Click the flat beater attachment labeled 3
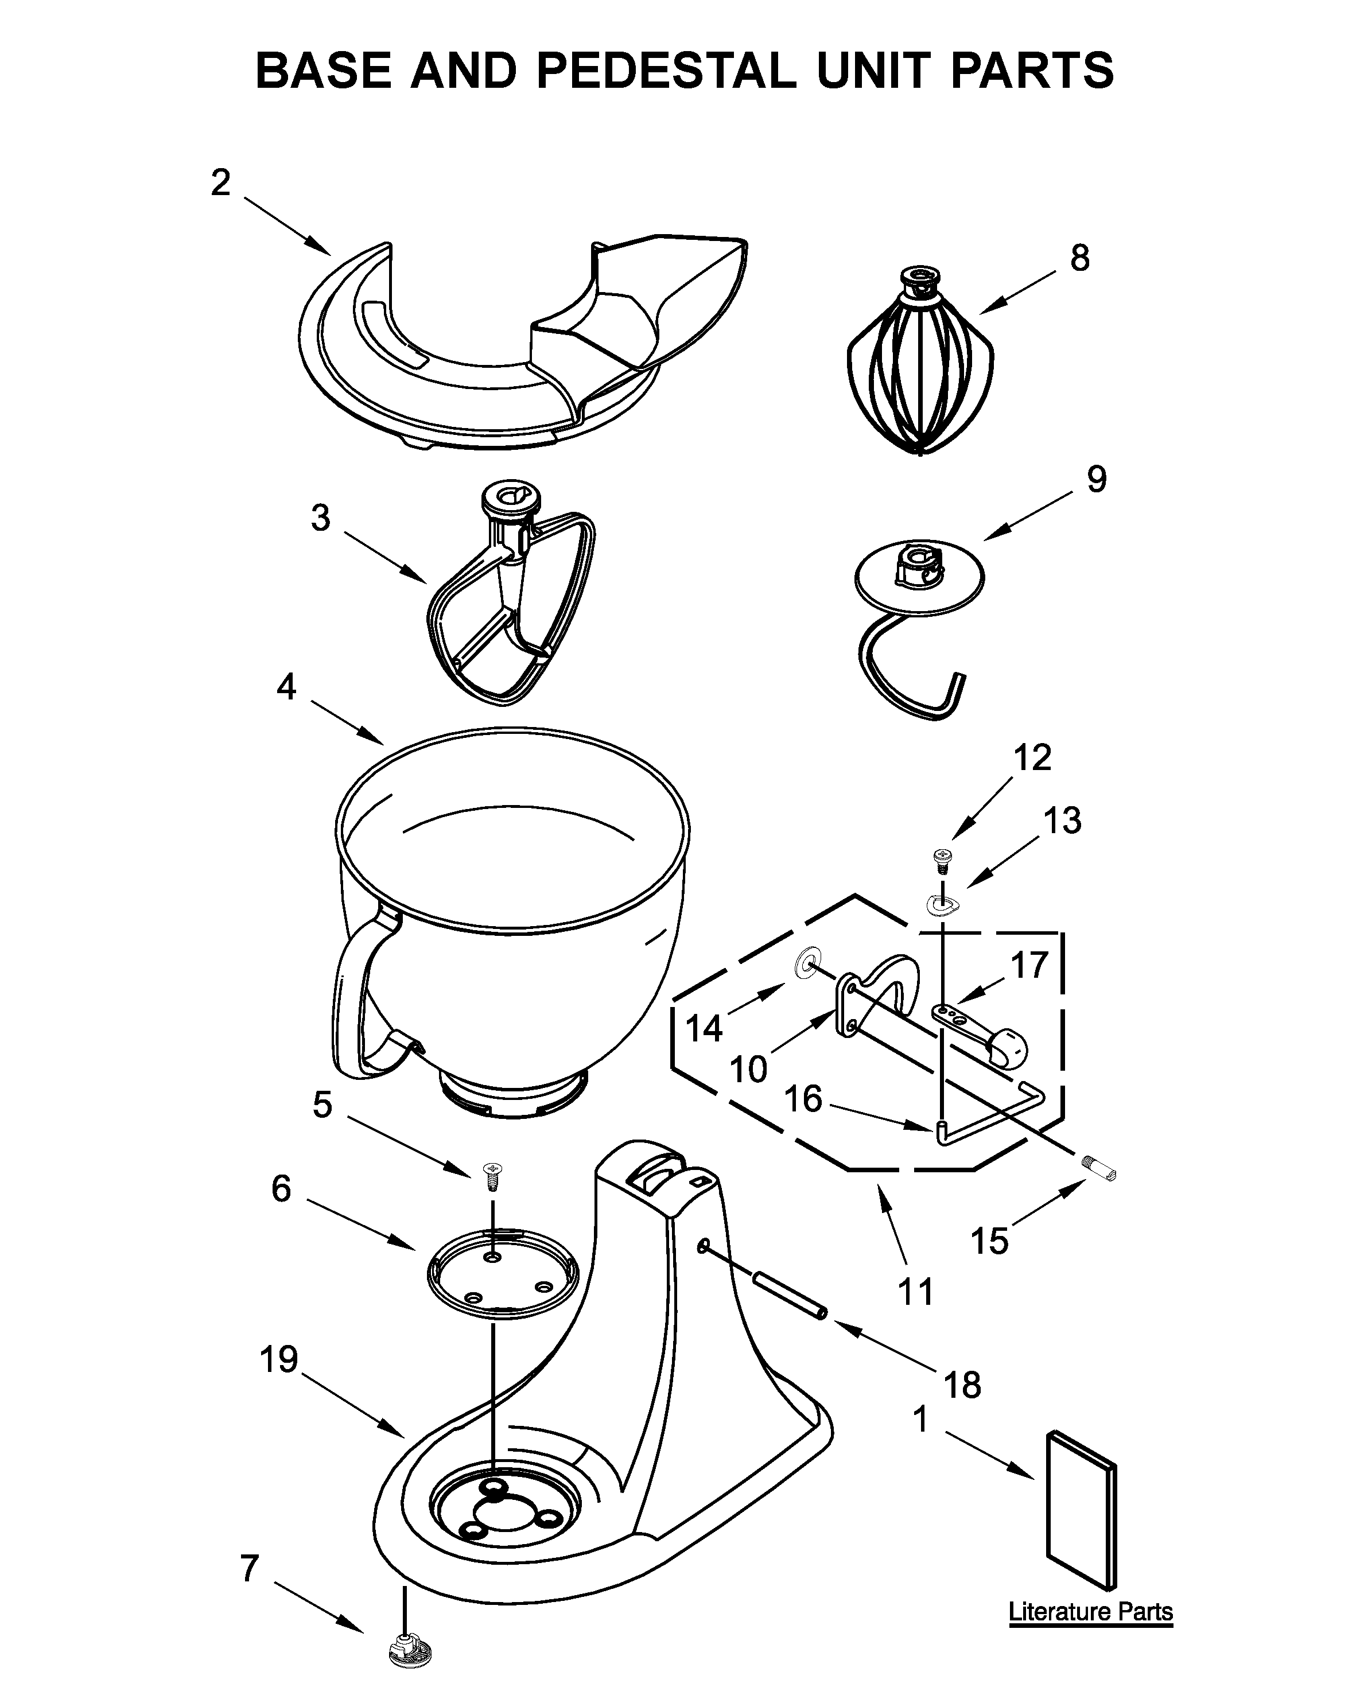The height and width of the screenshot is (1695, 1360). pos(511,605)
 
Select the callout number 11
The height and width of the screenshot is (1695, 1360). pos(915,1291)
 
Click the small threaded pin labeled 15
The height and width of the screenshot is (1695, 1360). pos(1098,1175)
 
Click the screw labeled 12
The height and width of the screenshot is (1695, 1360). pos(940,860)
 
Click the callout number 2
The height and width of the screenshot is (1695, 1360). pos(221,182)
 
